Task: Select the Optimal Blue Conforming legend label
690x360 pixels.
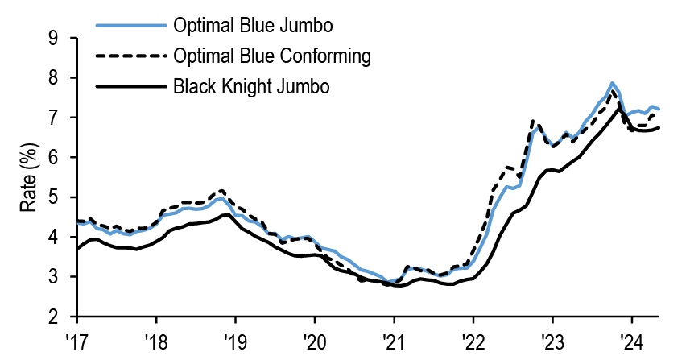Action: [x=271, y=56]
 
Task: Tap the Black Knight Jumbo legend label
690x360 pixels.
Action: [x=250, y=85]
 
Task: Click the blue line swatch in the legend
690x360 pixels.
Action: [x=130, y=27]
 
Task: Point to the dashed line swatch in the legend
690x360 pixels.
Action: [x=130, y=56]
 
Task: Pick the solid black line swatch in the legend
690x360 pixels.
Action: [x=130, y=85]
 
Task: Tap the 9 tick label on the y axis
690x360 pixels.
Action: [x=53, y=38]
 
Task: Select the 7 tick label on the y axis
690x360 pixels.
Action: [x=53, y=118]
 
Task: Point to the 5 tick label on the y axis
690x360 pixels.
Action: [x=53, y=197]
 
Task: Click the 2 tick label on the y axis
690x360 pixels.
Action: [x=53, y=317]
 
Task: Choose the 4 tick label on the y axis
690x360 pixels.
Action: [x=53, y=237]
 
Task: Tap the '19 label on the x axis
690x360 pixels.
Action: [x=234, y=339]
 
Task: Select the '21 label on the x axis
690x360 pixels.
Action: [x=393, y=339]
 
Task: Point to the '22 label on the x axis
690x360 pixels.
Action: [x=473, y=339]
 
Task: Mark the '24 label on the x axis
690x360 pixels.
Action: [x=631, y=339]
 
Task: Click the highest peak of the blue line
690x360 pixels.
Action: [x=612, y=83]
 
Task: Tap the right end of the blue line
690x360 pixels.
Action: [x=659, y=109]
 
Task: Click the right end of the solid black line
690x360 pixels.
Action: [x=659, y=127]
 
